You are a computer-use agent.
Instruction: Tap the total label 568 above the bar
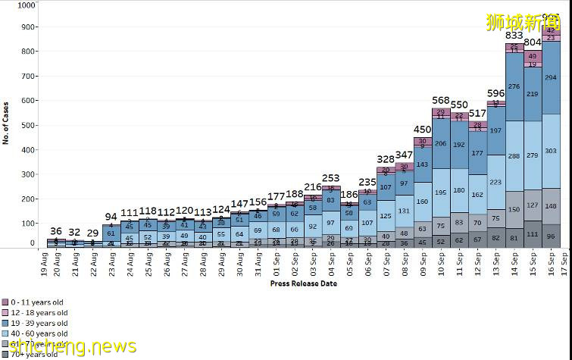(x=441, y=101)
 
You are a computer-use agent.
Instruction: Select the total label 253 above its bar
(x=330, y=177)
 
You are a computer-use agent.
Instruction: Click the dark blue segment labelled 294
(x=551, y=77)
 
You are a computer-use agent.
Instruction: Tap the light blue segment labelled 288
(x=514, y=156)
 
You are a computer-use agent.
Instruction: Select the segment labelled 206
(x=441, y=143)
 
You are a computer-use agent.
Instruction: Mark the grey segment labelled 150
(x=514, y=209)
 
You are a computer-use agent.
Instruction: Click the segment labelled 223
(x=495, y=182)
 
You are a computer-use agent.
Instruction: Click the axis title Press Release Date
(x=303, y=283)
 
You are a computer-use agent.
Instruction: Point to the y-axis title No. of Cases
(x=5, y=124)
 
